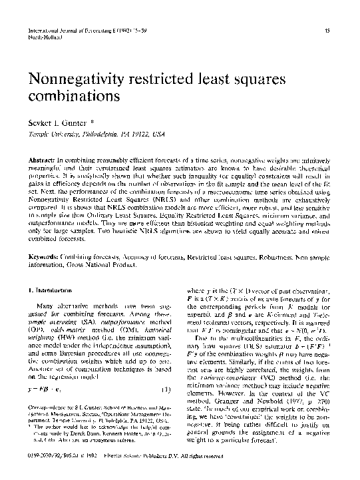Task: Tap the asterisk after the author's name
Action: (x=92, y=122)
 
